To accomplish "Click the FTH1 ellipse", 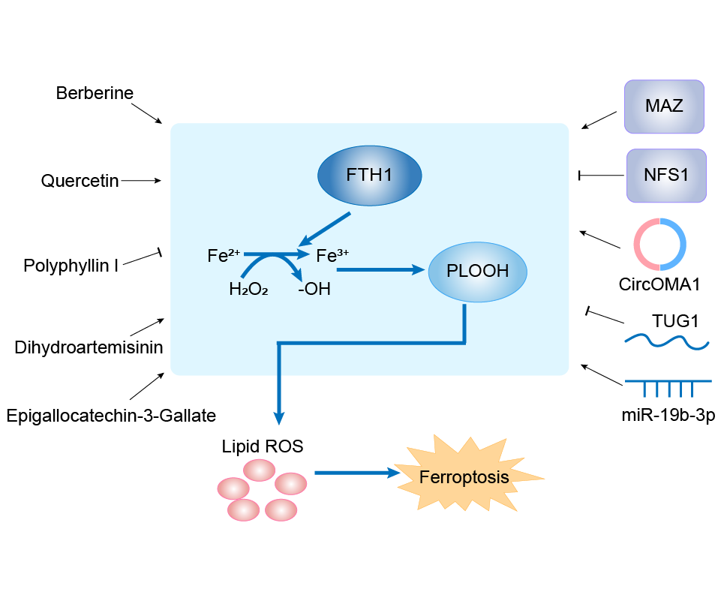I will pos(370,176).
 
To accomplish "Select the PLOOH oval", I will pos(477,271).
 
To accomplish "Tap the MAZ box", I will pos(664,106).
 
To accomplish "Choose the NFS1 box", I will pos(666,176).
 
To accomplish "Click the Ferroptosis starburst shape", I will pos(464,477).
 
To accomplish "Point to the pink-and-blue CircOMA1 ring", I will pos(659,244).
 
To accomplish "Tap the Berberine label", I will pos(95,94).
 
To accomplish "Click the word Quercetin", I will pos(80,181).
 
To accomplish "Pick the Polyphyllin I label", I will pos(71,265).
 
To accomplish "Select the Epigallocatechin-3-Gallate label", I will pos(110,415).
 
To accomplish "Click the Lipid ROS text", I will pos(263,446).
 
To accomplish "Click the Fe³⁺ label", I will pos(331,256).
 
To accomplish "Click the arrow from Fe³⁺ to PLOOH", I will pos(380,270).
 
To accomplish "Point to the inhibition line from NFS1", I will pos(602,176).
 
